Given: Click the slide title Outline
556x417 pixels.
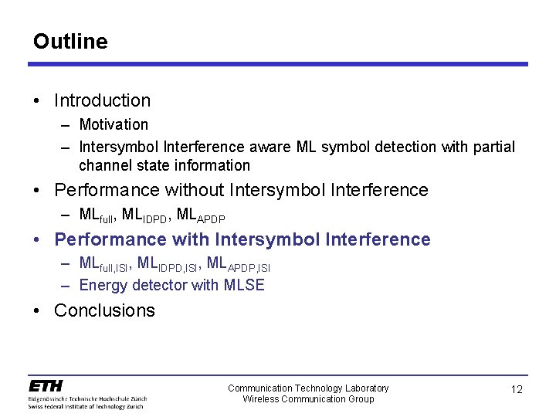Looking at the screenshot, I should (70, 41).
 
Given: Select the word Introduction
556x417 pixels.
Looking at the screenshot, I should (102, 100).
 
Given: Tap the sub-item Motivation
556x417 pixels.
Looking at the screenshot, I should (114, 124).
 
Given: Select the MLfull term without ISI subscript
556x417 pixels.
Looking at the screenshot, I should (97, 215).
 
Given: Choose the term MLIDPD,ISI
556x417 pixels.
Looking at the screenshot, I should (169, 264).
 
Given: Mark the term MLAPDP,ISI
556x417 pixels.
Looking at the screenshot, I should (239, 264).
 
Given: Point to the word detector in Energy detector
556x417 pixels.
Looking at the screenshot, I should (160, 285).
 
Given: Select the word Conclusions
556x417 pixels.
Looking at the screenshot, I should (104, 310).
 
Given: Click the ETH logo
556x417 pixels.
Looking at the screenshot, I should (46, 385).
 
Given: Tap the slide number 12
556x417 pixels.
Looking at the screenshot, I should (517, 389).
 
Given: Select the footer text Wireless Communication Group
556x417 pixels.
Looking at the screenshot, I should (308, 398).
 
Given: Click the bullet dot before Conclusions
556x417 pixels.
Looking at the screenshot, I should (38, 311).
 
